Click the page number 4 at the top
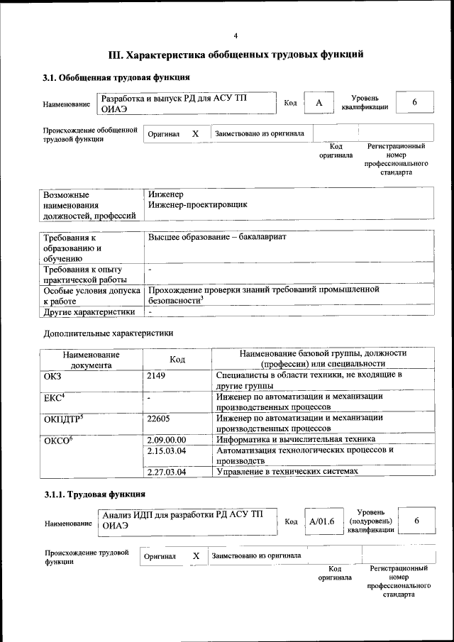(236, 35)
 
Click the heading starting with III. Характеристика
(236, 54)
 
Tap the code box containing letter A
(319, 104)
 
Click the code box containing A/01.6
(321, 521)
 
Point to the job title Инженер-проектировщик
(198, 204)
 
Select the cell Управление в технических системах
(287, 472)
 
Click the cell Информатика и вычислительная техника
(291, 440)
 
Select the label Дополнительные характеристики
(109, 332)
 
